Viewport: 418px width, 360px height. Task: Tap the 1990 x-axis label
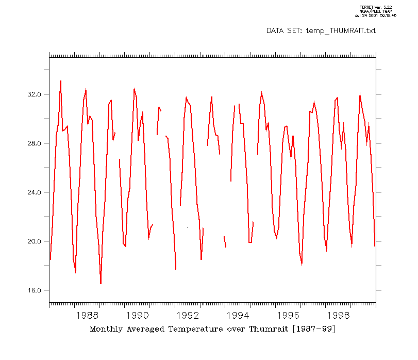138,315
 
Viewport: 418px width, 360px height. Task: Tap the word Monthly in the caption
106,329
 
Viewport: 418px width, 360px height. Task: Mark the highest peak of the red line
60,81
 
